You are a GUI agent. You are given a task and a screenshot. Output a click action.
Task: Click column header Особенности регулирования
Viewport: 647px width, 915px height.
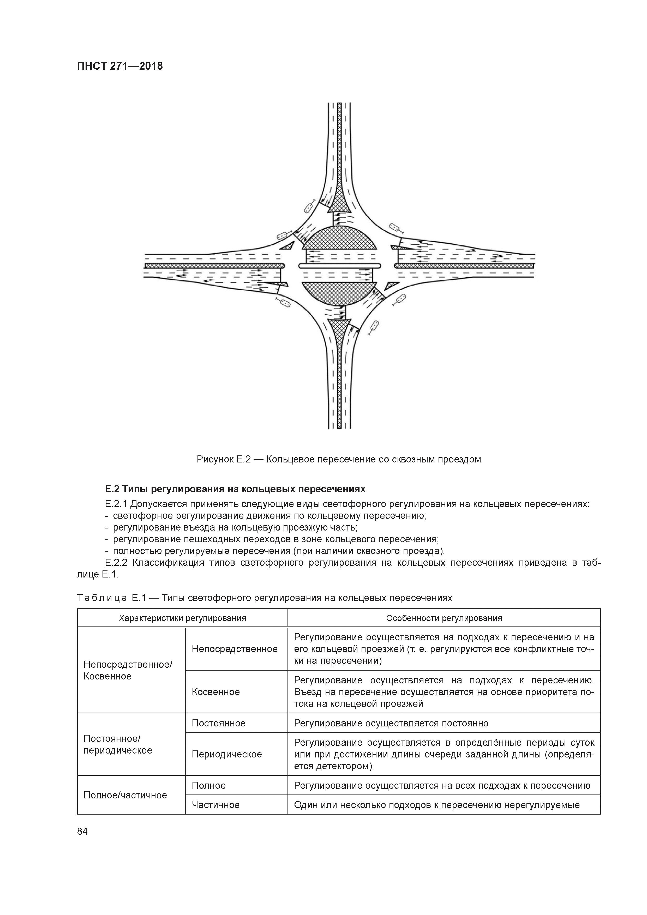[x=444, y=618]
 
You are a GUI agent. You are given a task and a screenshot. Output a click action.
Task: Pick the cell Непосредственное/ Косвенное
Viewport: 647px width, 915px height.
[x=128, y=670]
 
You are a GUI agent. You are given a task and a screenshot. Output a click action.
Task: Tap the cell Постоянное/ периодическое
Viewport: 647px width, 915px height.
[x=118, y=744]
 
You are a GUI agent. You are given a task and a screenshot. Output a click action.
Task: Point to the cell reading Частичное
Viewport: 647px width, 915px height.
[x=216, y=805]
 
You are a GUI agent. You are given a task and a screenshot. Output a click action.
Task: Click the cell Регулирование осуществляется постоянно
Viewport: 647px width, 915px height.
[x=391, y=723]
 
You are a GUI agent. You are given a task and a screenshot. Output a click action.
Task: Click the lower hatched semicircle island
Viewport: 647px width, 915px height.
[x=339, y=293]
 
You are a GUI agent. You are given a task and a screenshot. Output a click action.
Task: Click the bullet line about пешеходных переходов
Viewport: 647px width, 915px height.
[x=275, y=539]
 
